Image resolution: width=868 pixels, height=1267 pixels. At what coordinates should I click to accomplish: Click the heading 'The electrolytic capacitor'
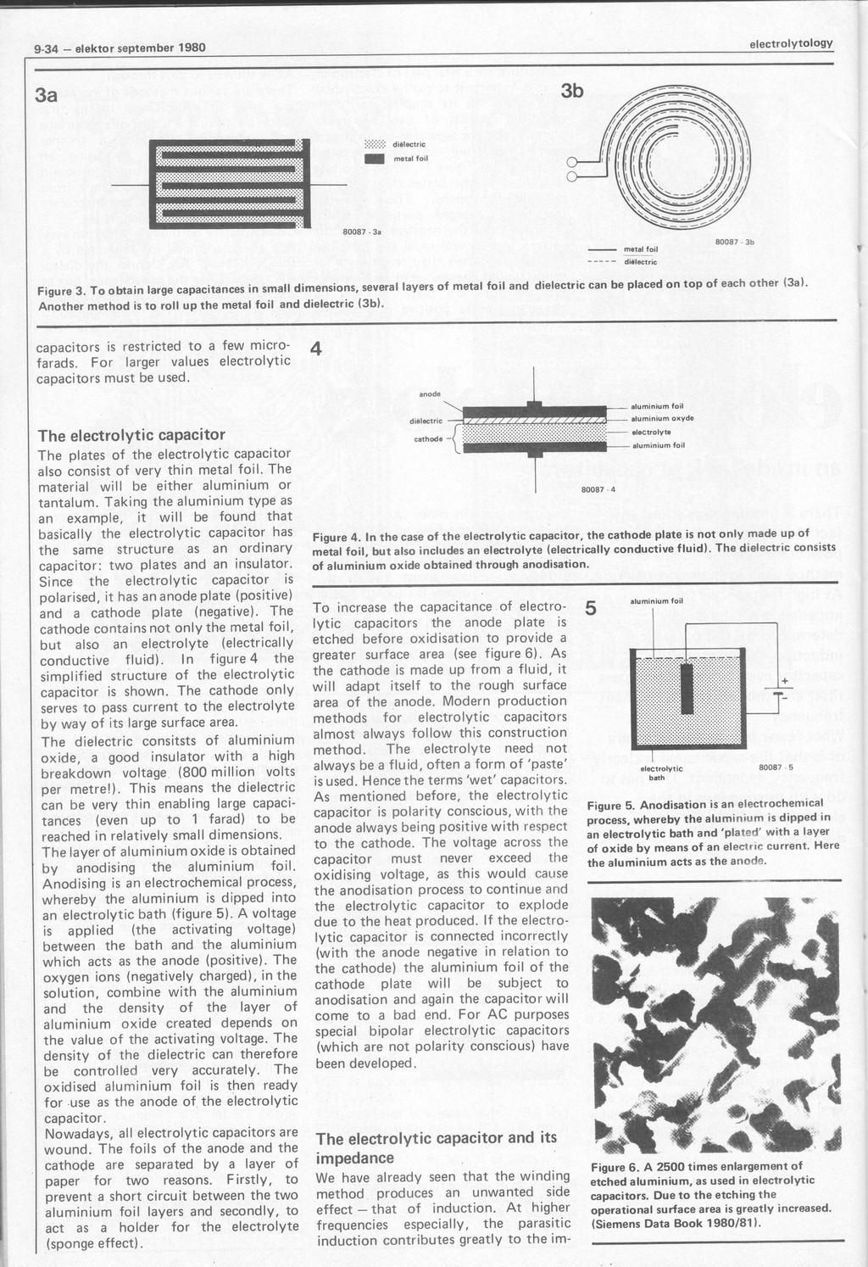tap(131, 436)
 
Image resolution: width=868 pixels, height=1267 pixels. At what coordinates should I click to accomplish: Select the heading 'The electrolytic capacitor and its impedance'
tap(437, 1147)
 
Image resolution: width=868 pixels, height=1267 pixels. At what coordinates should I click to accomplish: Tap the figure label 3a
tap(47, 96)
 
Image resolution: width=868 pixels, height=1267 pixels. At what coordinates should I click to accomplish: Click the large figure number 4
tap(317, 348)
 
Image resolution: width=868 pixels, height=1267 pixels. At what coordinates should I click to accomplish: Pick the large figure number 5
tap(591, 609)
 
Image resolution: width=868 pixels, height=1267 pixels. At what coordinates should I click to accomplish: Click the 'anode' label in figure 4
tap(431, 393)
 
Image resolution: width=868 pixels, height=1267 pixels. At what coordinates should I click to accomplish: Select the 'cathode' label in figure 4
tap(426, 439)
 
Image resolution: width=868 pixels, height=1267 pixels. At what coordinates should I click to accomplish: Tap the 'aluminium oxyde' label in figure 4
tap(663, 418)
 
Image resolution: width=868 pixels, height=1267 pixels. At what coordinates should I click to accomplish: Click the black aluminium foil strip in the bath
tap(687, 689)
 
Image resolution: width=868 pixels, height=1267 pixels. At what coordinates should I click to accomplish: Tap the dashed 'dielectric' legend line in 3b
tap(604, 262)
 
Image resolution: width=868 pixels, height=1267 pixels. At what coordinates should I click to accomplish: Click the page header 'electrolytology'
tap(791, 43)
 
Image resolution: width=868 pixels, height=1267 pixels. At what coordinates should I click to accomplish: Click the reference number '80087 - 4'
tap(591, 488)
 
